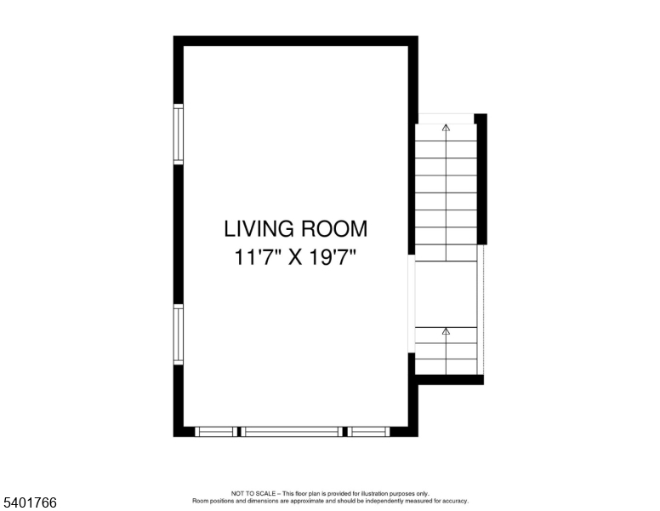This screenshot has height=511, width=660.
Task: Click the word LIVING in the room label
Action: pos(255,229)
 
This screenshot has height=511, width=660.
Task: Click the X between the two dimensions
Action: pos(295,257)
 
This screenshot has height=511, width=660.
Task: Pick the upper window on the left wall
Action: pos(179,134)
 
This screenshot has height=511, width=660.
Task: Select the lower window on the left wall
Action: pos(179,335)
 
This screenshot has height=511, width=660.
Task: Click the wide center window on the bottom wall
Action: pos(293,432)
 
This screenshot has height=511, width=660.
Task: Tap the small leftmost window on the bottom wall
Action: pos(216,432)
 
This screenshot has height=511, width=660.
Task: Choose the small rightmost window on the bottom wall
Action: pos(369,432)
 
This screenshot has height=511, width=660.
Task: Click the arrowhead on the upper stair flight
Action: pos(446,129)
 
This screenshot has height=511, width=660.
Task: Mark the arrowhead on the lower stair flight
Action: pos(446,330)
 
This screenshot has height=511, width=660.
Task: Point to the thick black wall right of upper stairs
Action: pos(481,179)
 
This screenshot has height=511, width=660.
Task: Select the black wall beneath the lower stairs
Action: pos(449,380)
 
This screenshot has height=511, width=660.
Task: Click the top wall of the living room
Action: pos(295,40)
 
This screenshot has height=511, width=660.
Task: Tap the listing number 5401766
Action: pos(29,503)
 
